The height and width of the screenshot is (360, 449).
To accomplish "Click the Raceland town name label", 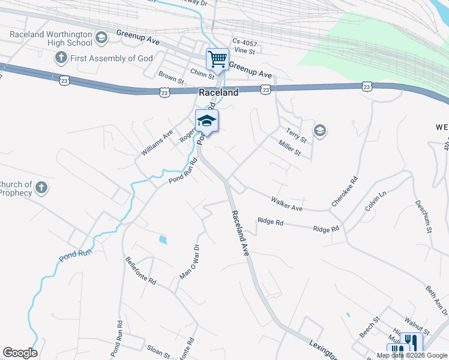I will click(x=218, y=92).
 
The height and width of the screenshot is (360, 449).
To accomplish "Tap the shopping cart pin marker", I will click(x=217, y=59).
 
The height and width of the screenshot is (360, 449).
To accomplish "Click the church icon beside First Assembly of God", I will click(x=60, y=58).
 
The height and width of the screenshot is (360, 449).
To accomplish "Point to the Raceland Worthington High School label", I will click(x=51, y=38).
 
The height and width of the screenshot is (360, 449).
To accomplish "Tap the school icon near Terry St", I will click(x=320, y=130).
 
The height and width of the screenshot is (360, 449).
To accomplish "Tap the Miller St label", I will click(x=289, y=148).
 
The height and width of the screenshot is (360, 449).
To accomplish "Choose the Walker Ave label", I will click(x=286, y=203).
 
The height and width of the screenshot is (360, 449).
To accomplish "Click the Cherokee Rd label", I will click(x=345, y=192).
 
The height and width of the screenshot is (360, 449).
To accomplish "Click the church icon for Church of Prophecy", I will click(x=41, y=188).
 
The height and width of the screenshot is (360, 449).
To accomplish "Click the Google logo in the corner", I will click(x=20, y=353).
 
